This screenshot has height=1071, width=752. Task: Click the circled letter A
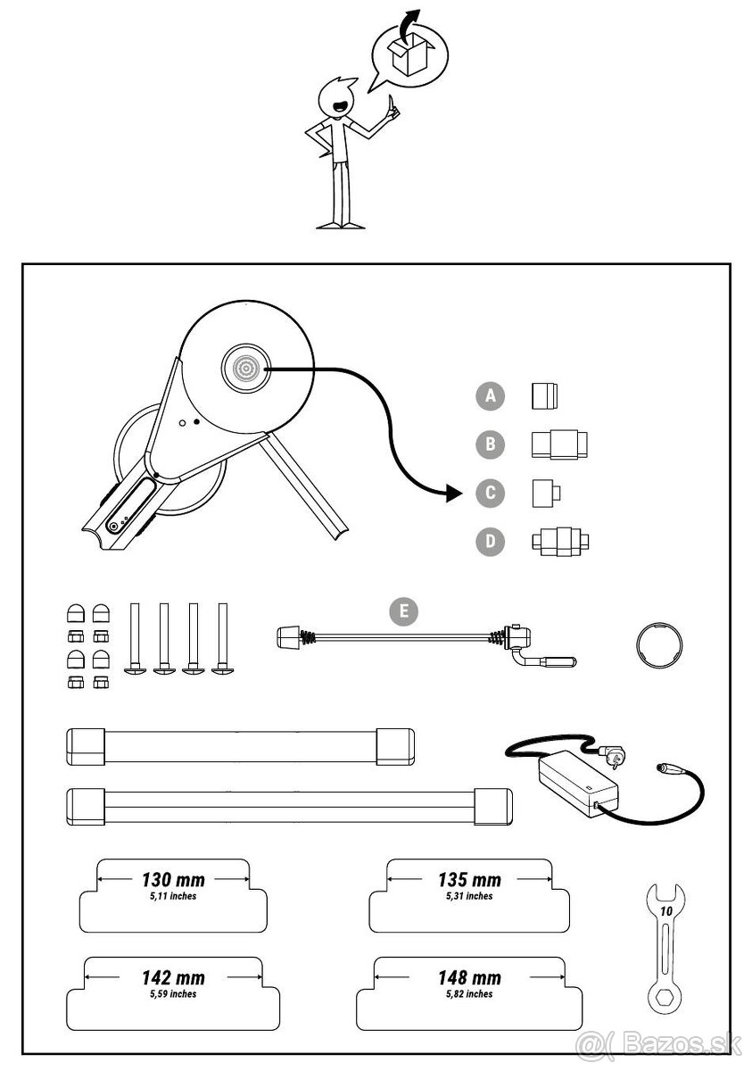[490, 395]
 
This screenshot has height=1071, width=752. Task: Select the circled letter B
[490, 444]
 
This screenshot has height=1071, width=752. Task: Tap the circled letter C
[490, 493]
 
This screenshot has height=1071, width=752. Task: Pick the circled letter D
[490, 542]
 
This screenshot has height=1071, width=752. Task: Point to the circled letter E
[404, 611]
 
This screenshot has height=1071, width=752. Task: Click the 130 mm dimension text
[173, 880]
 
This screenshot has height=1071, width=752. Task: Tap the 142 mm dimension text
[174, 978]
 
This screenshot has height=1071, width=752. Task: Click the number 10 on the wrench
[665, 911]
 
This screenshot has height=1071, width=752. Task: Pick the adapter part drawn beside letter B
[559, 444]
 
